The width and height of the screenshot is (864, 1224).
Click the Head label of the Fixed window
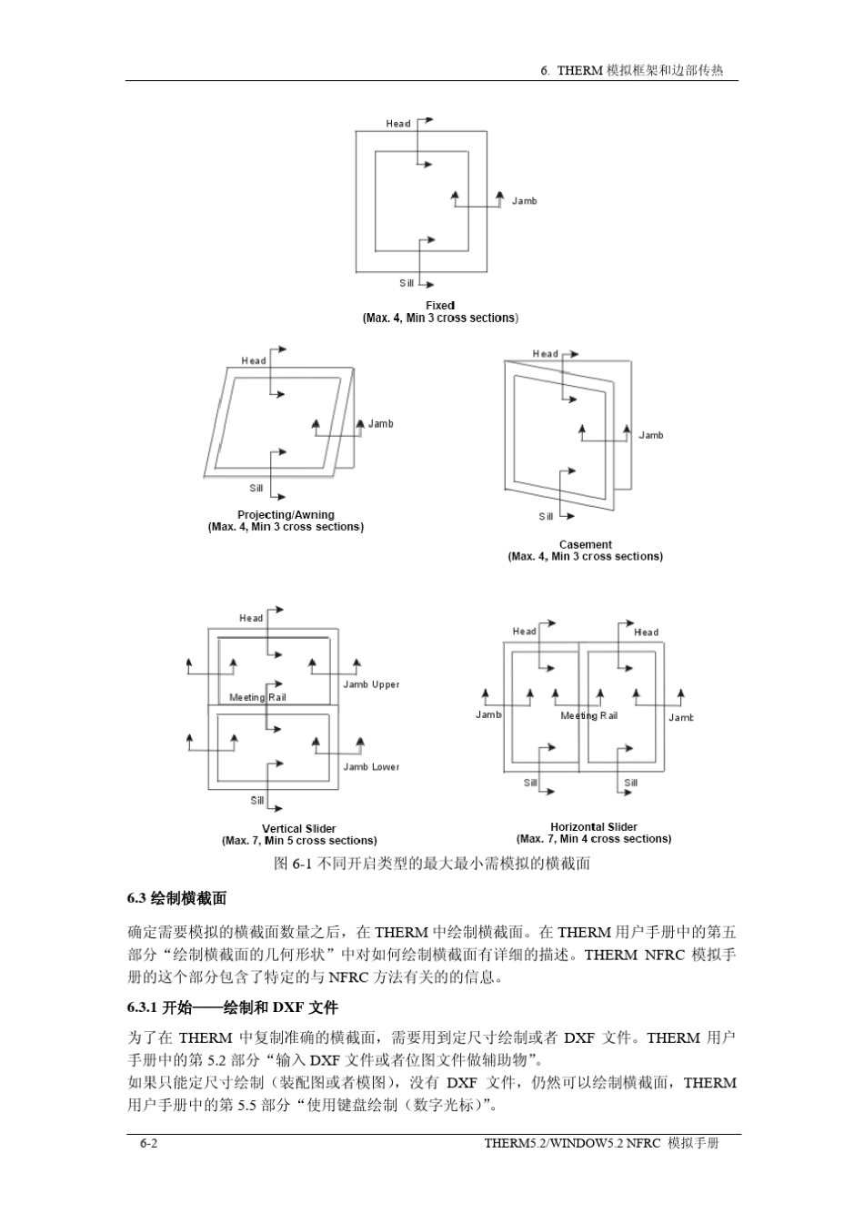(398, 124)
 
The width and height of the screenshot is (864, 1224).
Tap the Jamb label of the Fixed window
(524, 201)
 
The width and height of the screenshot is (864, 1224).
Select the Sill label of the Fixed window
(407, 284)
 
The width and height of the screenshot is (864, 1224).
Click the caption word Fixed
(440, 306)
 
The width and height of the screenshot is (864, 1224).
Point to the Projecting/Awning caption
(286, 515)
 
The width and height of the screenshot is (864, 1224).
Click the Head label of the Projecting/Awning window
(254, 361)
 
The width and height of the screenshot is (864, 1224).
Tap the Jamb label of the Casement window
(651, 436)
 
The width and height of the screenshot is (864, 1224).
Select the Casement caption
(585, 545)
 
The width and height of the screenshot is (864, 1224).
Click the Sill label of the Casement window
(546, 517)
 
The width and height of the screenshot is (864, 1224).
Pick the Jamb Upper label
(371, 684)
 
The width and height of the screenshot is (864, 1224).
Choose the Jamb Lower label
(371, 767)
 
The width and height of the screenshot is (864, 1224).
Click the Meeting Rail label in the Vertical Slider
(257, 698)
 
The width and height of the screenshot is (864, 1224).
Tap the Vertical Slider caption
(299, 829)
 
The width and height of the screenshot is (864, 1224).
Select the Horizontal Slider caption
(594, 827)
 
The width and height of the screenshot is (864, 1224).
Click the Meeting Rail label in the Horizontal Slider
(588, 716)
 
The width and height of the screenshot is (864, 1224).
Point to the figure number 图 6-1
(293, 863)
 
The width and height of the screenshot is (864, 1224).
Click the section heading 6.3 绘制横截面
(176, 899)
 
